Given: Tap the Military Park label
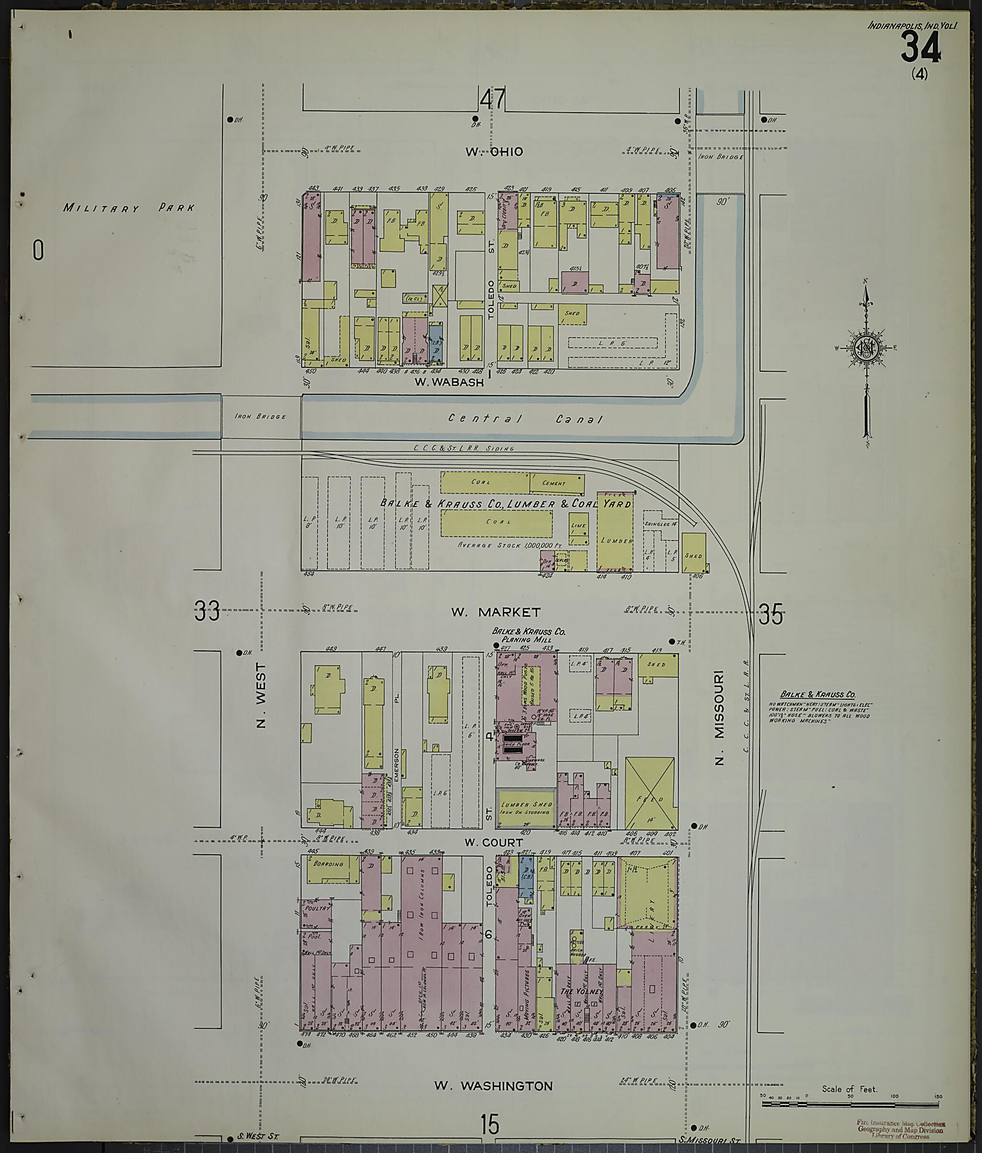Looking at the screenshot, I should [129, 208].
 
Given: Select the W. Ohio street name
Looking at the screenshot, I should [494, 152].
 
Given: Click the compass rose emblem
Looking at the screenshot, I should [866, 348].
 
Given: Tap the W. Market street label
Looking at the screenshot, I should [495, 612].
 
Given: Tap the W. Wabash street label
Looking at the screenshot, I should [450, 382].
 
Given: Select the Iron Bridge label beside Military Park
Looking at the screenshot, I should [260, 416].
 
